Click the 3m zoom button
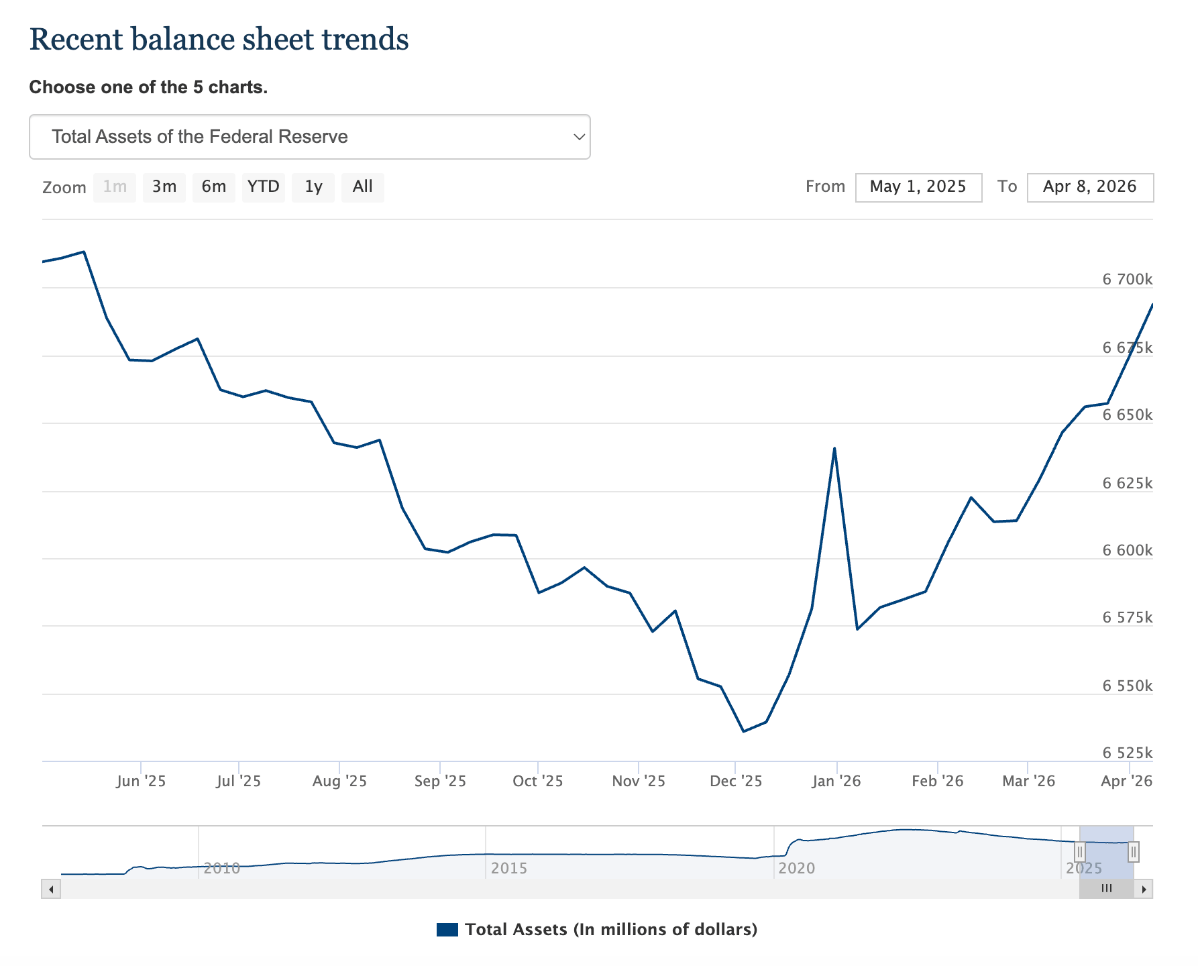[x=164, y=187]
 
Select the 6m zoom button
[x=213, y=187]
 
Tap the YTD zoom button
[x=263, y=187]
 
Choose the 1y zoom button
[x=313, y=187]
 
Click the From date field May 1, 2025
[x=918, y=187]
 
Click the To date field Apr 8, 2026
[x=1090, y=187]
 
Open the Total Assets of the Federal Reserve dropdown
[x=309, y=137]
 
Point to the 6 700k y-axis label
[x=1127, y=280]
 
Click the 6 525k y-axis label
[x=1127, y=753]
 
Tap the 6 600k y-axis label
[x=1127, y=551]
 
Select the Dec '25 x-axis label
[x=736, y=782]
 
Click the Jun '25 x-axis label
[x=141, y=782]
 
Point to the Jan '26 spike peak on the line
[x=834, y=448]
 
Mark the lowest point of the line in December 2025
[x=743, y=731]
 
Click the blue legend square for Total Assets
[x=447, y=930]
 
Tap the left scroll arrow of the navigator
[x=51, y=890]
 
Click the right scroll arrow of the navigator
[x=1144, y=890]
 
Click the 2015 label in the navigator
[x=508, y=869]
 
